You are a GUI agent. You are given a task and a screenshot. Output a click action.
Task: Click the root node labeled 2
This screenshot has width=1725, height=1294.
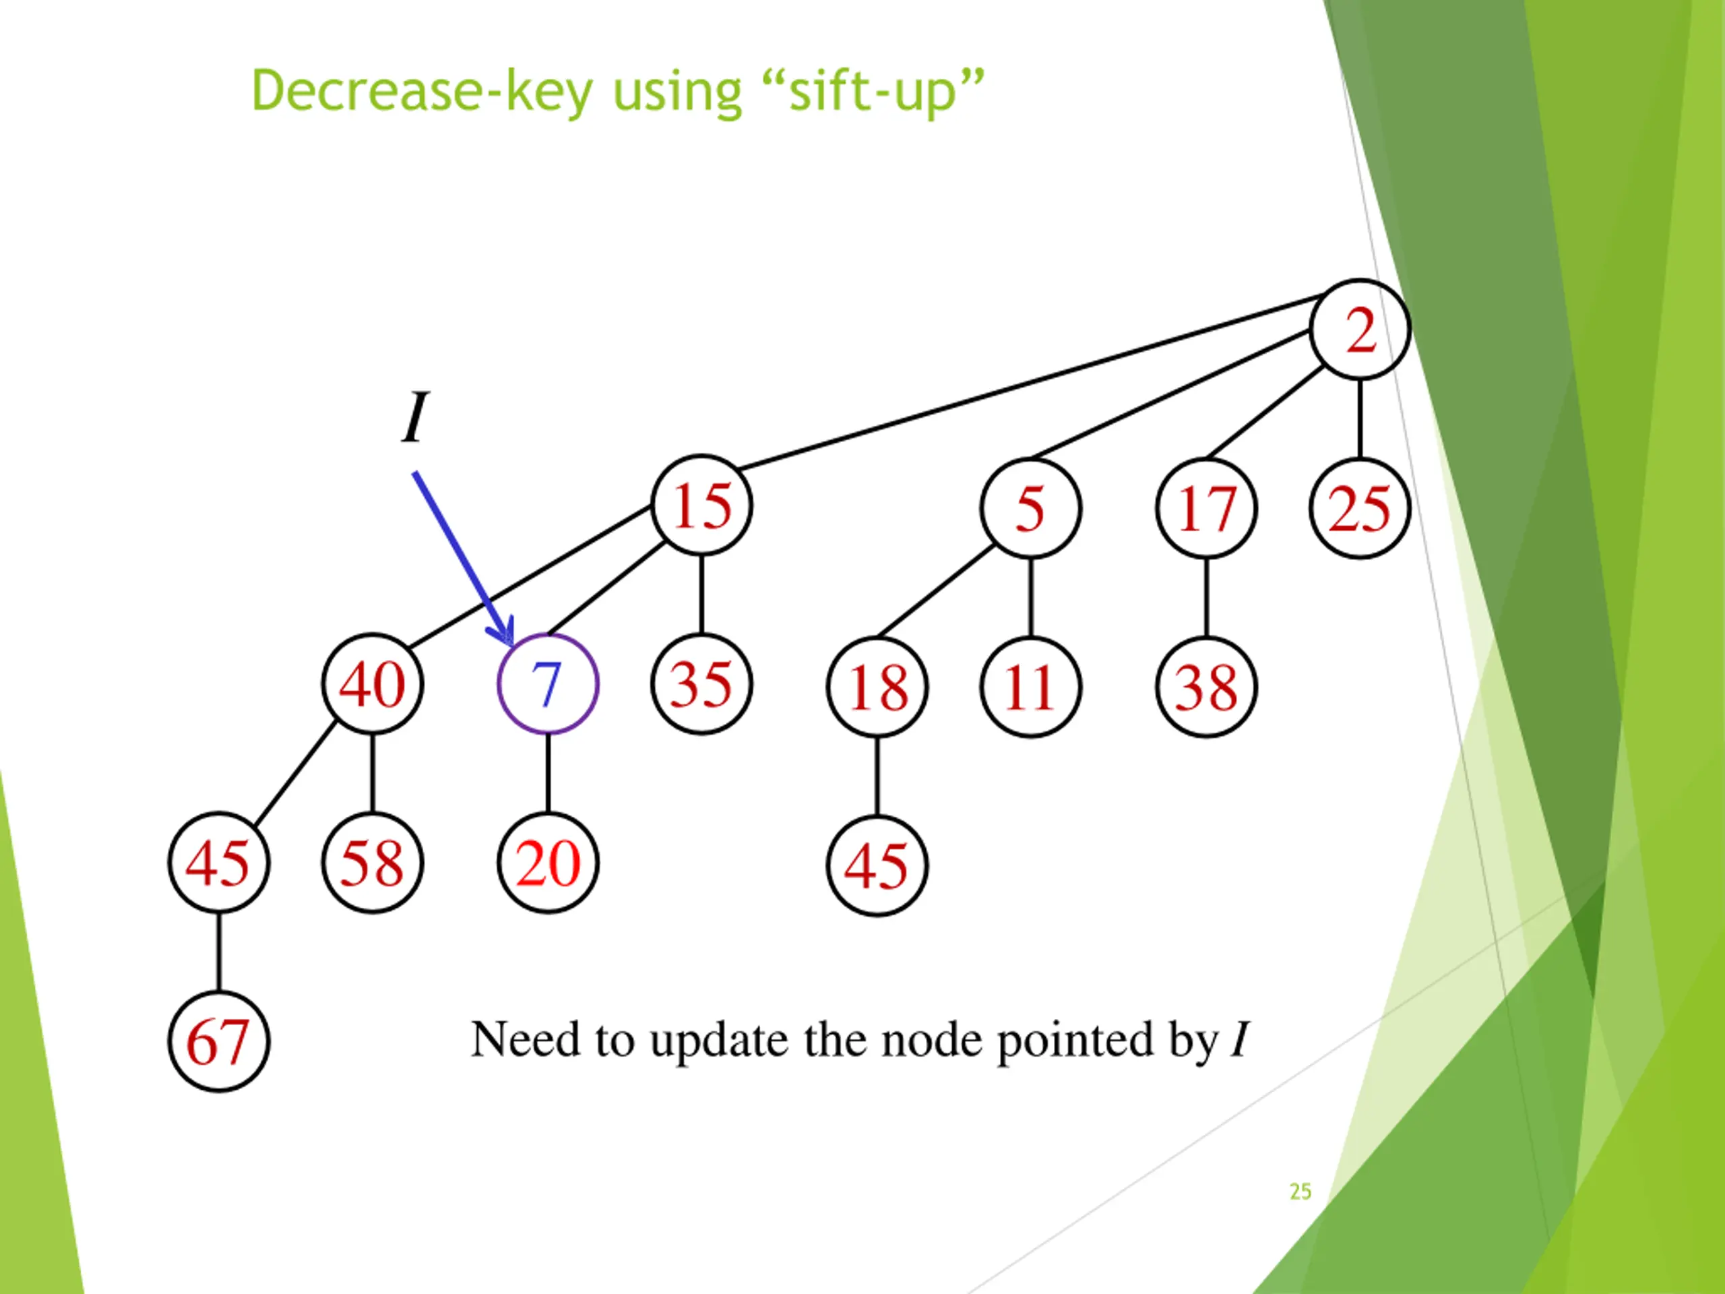click(1360, 329)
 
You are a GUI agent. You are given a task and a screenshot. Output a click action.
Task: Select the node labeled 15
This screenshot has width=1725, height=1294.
click(702, 505)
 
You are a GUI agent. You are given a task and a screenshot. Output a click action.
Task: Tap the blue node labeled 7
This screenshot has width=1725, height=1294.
click(547, 684)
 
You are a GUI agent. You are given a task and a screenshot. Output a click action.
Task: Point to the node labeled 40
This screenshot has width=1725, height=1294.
click(373, 684)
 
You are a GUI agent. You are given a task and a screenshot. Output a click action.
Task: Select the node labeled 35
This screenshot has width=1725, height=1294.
click(702, 684)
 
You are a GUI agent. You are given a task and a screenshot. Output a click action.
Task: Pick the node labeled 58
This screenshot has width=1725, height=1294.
click(373, 863)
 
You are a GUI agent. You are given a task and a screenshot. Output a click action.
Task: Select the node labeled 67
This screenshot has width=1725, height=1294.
click(218, 1041)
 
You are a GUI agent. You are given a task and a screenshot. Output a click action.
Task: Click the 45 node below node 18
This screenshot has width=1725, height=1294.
click(877, 866)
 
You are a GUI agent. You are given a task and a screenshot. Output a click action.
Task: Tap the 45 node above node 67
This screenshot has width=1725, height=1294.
click(218, 863)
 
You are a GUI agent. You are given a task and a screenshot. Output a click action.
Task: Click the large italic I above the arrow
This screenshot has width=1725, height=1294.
click(415, 417)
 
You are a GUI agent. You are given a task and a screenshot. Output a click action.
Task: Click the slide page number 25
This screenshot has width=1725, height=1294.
click(1300, 1191)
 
